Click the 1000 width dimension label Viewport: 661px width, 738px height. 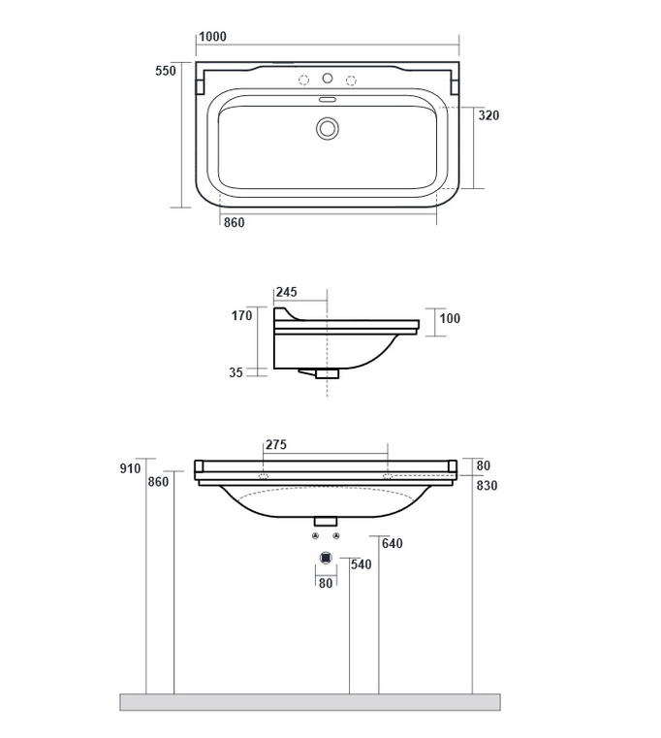(x=212, y=36)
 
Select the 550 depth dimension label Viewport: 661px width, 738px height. (x=166, y=71)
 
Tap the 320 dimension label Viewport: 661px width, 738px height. (x=488, y=115)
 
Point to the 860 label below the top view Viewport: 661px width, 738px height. (x=234, y=222)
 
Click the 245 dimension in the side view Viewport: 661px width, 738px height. (x=287, y=292)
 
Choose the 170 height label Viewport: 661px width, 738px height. (x=242, y=315)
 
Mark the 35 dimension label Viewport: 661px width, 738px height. (x=236, y=372)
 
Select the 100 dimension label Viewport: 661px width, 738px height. (x=450, y=318)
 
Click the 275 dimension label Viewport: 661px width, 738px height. (x=275, y=444)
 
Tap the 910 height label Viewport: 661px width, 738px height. (x=130, y=468)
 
